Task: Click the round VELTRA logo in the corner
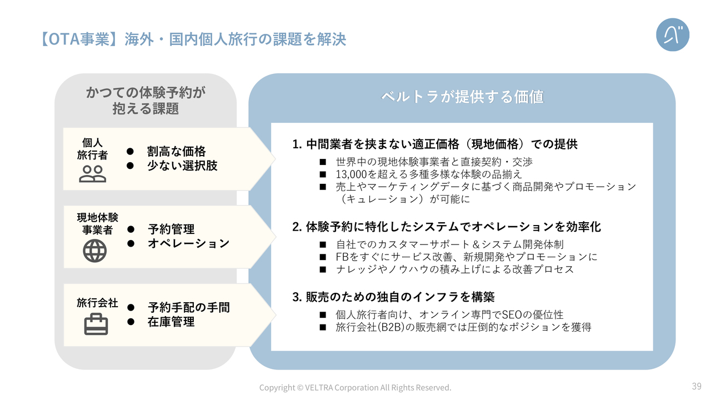click(673, 34)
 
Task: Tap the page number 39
click(697, 386)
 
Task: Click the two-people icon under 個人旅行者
click(92, 174)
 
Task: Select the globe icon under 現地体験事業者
click(94, 251)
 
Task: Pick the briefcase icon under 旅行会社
click(96, 324)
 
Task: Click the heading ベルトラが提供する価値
click(462, 97)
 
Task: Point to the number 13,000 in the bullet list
click(352, 174)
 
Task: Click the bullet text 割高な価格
click(176, 152)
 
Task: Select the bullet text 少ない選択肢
click(182, 166)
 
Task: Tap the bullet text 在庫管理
click(171, 322)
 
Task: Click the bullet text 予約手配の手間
click(188, 307)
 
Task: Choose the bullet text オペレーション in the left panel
click(188, 243)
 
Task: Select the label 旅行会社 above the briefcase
click(97, 303)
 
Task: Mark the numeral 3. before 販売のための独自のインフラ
click(297, 297)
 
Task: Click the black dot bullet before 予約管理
click(131, 229)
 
